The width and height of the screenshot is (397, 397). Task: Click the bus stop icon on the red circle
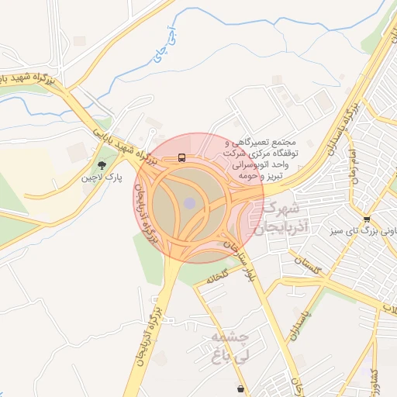coord(181,157)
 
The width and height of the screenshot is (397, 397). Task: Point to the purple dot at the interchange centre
coord(190,203)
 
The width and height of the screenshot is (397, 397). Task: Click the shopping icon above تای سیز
coord(366,218)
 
